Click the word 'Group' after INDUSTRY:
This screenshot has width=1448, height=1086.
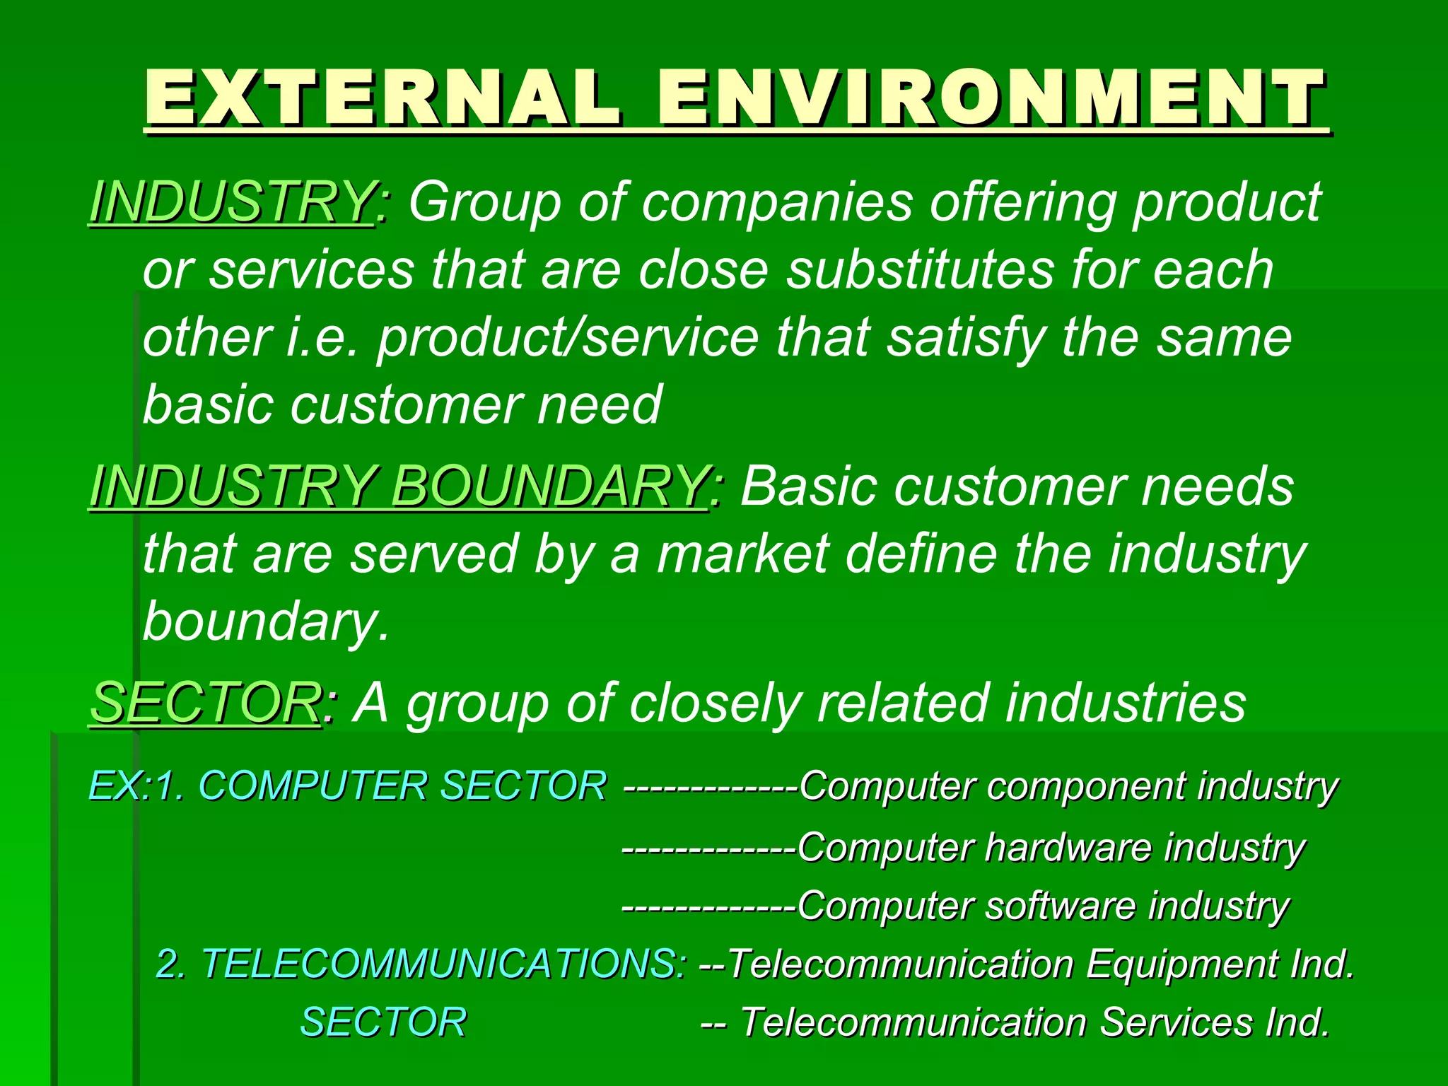pos(485,202)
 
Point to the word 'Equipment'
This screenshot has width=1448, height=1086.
pos(1181,964)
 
